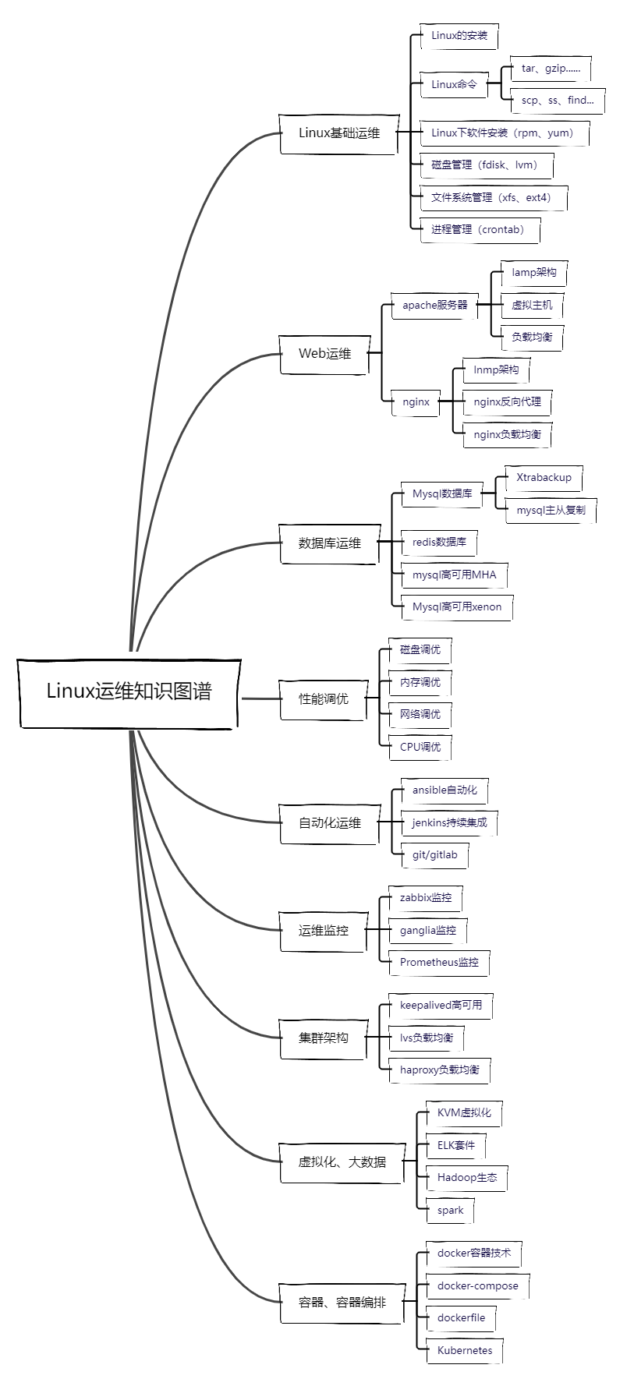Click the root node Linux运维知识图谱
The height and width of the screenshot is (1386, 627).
click(129, 692)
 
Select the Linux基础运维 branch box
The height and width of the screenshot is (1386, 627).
click(339, 133)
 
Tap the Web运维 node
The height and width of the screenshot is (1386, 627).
click(324, 354)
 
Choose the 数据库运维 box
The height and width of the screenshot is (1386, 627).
click(329, 543)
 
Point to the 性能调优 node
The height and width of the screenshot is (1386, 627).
click(324, 699)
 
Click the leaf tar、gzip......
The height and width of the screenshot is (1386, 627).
click(551, 69)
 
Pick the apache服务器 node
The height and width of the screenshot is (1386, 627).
click(434, 306)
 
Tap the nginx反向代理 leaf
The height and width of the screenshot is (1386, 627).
click(507, 402)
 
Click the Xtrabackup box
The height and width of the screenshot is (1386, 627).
click(544, 478)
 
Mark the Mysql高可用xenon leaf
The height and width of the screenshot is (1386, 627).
click(457, 606)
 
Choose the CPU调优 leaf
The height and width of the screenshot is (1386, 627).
click(420, 747)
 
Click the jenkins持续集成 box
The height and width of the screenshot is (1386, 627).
click(449, 822)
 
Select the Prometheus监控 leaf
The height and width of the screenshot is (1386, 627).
click(439, 963)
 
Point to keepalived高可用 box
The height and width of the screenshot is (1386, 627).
click(441, 1006)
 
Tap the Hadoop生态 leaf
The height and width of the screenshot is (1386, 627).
click(467, 1178)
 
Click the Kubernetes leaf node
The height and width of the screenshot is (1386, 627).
click(465, 1351)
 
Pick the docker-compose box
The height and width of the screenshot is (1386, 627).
click(477, 1286)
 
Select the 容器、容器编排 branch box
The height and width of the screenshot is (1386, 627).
click(342, 1303)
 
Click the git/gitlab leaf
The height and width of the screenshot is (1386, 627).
click(434, 855)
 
